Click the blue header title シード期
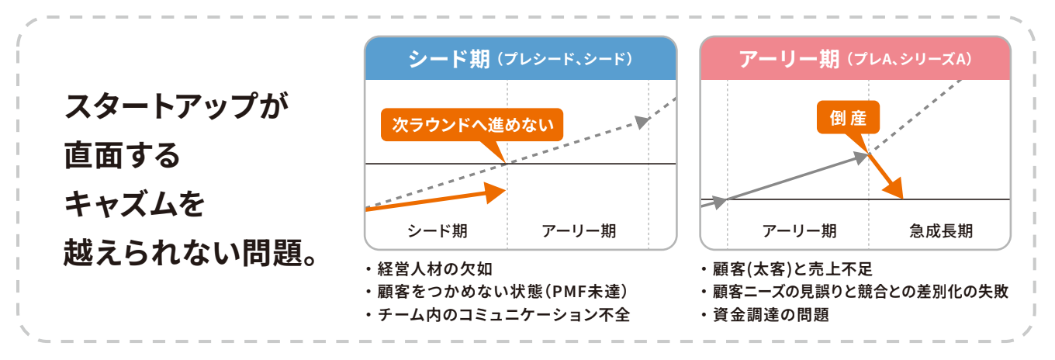448,58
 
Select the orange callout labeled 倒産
848,119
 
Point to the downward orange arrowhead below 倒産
894,189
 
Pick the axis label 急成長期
940,230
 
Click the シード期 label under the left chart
437,230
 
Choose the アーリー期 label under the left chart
579,230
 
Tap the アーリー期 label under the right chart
799,230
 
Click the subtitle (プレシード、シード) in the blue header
565,59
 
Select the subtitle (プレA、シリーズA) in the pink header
909,59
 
